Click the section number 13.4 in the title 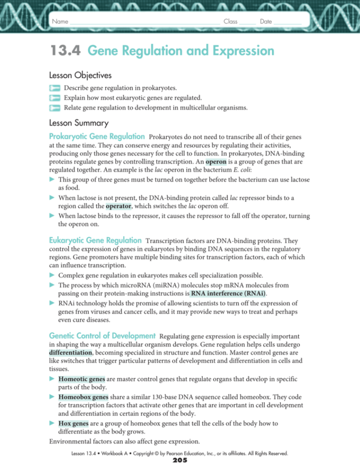tap(65, 51)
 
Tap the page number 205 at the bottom tap(180, 460)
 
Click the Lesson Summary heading tap(79, 123)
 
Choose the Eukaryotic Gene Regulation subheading tap(95, 240)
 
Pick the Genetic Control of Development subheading tap(102, 336)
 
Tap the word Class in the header tap(230, 22)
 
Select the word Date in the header tap(266, 22)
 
